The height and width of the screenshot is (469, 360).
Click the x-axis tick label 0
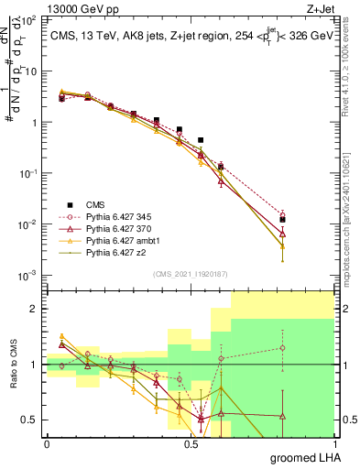pyautogui.click(x=47, y=443)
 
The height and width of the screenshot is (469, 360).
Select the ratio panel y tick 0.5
pyautogui.click(x=30, y=420)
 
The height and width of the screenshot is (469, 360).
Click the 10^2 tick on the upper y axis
pyautogui.click(x=30, y=20)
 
